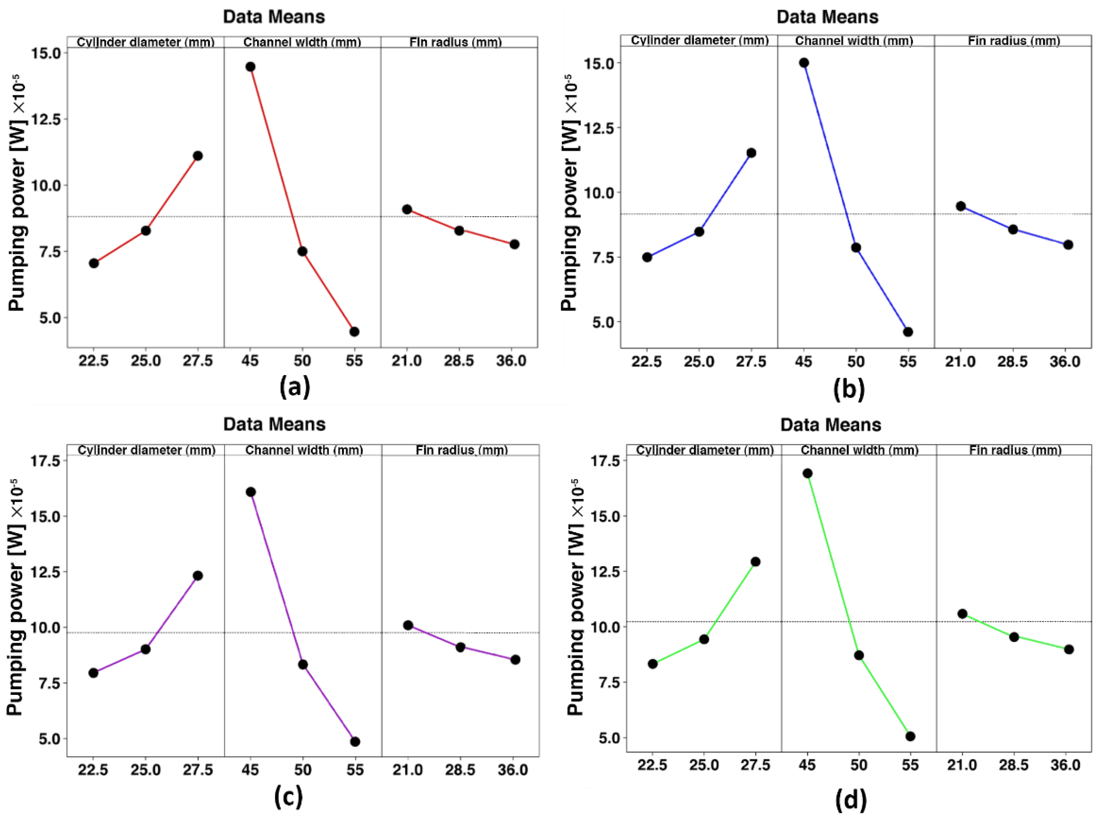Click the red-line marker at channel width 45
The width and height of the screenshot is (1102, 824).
250,67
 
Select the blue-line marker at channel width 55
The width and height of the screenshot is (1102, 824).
908,332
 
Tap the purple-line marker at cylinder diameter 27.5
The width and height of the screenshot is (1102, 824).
198,575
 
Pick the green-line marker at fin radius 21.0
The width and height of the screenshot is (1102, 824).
962,614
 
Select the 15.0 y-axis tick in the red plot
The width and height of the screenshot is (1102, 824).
46,53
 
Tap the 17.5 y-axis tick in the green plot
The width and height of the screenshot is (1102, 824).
606,461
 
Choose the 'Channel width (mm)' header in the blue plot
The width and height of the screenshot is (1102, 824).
854,41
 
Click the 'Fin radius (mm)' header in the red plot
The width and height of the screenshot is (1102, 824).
455,42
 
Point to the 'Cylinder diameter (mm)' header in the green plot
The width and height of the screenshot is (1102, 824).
704,450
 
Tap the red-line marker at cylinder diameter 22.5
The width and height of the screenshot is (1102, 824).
94,263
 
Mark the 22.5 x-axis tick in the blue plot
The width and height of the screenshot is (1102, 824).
647,361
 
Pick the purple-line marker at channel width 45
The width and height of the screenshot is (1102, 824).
250,492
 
